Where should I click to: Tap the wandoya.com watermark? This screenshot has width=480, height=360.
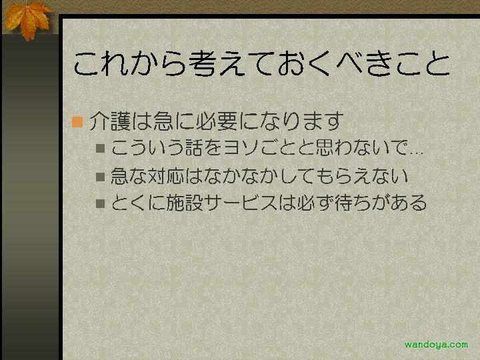tap(436, 345)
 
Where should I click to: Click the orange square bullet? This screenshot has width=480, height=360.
tap(77, 122)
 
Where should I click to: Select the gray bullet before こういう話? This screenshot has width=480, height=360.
tap(101, 148)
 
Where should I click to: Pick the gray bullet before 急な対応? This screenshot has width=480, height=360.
tap(101, 177)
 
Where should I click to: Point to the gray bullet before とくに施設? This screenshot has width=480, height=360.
tap(101, 203)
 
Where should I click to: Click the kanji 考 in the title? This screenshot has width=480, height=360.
tap(203, 63)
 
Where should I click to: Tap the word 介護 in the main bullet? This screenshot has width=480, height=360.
tap(110, 121)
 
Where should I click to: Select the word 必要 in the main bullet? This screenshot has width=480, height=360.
tap(217, 121)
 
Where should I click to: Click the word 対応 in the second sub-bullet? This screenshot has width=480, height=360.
tap(166, 176)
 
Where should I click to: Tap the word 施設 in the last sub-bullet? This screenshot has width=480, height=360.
tap(185, 203)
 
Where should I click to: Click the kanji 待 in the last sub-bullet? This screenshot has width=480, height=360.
tap(344, 203)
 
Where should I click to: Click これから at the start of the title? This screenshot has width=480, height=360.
tap(130, 63)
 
